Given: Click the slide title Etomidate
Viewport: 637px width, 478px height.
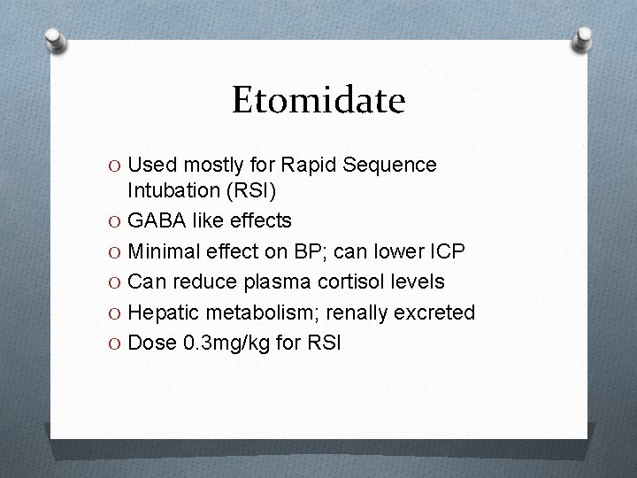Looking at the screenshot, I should (x=318, y=100).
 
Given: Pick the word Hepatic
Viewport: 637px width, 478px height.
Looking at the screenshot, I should (x=163, y=312).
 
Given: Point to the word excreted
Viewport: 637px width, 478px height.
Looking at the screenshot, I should (x=436, y=312).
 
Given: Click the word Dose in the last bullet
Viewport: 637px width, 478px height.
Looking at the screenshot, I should (x=151, y=343).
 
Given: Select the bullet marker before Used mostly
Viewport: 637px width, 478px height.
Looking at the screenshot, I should (x=116, y=166).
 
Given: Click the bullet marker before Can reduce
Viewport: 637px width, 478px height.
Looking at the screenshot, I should (x=116, y=282).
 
